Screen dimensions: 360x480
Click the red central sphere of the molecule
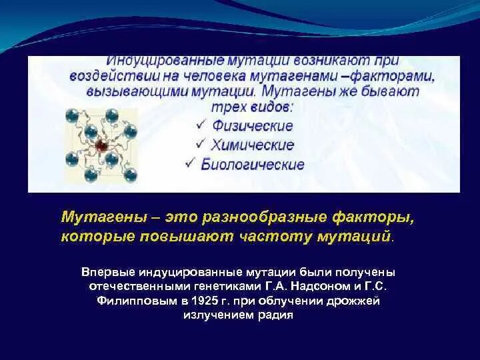102,145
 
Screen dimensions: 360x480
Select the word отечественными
138,287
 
